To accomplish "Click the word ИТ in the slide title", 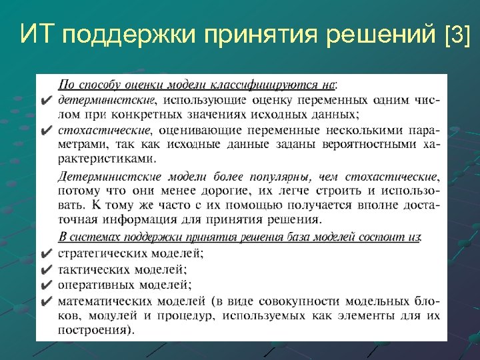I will (x=35, y=33).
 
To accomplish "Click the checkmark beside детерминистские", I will (x=46, y=101).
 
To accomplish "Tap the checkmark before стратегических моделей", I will (x=46, y=254).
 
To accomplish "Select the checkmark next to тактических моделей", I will (x=46, y=270).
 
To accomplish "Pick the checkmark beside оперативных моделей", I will (x=46, y=285).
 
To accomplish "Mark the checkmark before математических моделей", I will (x=46, y=301).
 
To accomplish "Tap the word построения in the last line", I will (x=93, y=329).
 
